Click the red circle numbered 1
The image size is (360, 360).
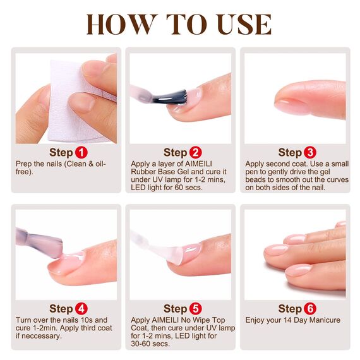pos(81,152)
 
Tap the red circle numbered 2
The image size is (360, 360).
pos(196,152)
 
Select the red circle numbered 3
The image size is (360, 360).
pos(310,152)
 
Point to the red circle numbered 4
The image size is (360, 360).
pos(81,309)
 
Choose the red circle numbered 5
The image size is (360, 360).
pos(196,309)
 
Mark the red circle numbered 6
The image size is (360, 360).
pos(310,309)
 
